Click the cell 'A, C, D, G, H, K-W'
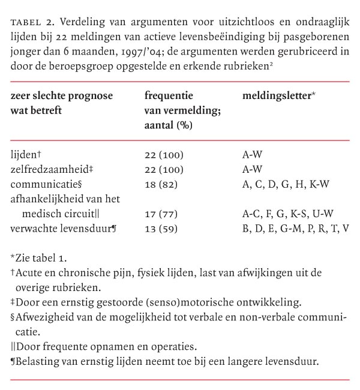click(x=286, y=185)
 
